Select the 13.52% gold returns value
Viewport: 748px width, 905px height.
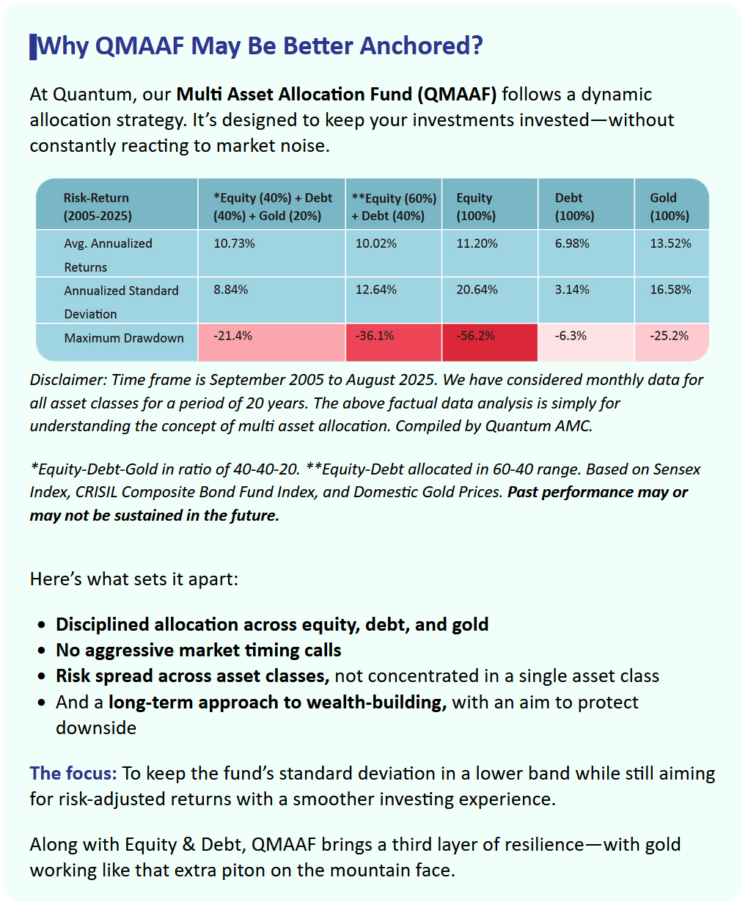click(x=670, y=243)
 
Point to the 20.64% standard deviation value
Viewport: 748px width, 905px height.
click(x=477, y=290)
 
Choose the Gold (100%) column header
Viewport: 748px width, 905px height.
click(x=670, y=207)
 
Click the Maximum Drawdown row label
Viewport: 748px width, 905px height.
click(x=124, y=338)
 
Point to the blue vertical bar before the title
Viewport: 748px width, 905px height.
click(x=33, y=46)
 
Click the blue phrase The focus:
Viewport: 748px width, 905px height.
click(x=73, y=774)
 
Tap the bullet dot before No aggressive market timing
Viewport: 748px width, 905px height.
click(x=42, y=651)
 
